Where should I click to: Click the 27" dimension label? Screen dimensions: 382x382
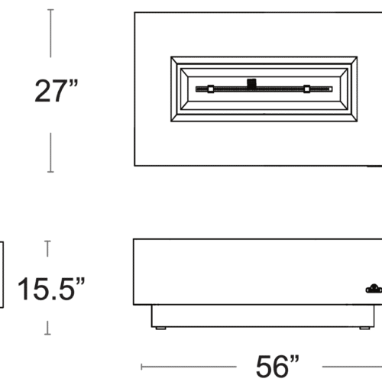point(57,91)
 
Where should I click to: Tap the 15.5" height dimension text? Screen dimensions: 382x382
point(51,289)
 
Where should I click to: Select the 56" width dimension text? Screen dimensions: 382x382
point(277,366)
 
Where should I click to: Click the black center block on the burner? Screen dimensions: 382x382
point(251,83)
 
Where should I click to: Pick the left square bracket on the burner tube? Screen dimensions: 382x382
point(211,89)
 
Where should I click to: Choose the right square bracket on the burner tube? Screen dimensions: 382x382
point(307,89)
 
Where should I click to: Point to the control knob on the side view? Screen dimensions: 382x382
point(374,289)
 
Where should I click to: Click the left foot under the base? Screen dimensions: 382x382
point(160,329)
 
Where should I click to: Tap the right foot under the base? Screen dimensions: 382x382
point(364,329)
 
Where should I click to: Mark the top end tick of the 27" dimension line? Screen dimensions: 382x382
point(50,10)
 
